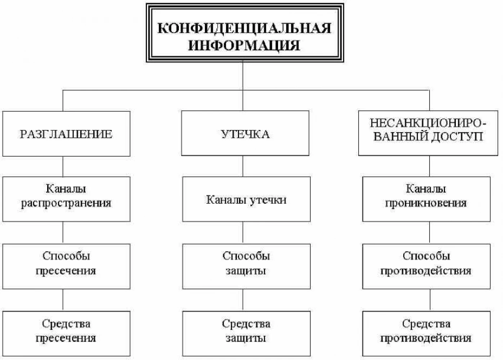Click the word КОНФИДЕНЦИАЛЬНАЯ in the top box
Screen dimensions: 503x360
[244, 28]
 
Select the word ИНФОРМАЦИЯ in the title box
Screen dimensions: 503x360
[244, 45]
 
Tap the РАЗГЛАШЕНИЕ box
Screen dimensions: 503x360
[67, 134]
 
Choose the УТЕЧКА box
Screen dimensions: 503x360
[245, 133]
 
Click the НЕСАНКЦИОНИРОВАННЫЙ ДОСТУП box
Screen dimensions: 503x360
[428, 133]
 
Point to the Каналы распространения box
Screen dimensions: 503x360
[67, 199]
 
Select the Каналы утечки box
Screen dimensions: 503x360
[246, 199]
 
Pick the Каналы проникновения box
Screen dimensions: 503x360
[426, 199]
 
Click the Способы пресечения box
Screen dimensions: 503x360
[67, 266]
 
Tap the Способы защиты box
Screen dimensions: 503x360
[246, 266]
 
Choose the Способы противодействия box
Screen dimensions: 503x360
[426, 266]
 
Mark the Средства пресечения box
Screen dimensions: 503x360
[67, 333]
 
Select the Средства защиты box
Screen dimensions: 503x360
[246, 333]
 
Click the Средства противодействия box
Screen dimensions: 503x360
[426, 333]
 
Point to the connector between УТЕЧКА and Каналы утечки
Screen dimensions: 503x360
[243, 166]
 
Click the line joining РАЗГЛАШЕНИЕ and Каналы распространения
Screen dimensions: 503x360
[63, 166]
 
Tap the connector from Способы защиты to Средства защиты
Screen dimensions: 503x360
[243, 300]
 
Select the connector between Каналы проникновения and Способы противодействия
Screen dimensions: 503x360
[430, 233]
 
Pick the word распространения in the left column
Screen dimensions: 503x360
[66, 203]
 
